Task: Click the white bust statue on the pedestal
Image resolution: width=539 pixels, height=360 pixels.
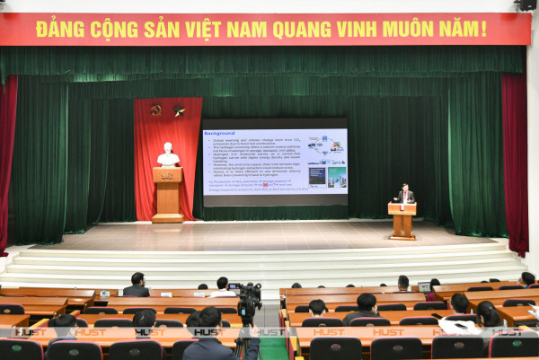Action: point(168,155)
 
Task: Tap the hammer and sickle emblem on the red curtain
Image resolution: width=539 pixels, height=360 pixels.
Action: point(156,110)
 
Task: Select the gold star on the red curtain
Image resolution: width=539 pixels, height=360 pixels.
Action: point(179,111)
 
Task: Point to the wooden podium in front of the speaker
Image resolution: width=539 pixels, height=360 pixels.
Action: point(402,220)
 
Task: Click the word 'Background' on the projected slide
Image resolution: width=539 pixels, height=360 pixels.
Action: point(219,133)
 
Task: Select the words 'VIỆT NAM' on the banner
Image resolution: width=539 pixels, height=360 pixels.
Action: point(243,29)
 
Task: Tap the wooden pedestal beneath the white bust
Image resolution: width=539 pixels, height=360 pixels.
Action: point(167,194)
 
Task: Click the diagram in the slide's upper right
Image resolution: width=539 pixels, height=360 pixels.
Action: point(325,145)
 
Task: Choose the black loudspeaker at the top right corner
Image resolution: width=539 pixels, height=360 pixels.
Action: point(526,4)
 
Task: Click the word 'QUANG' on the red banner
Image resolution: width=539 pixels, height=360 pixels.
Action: point(304,29)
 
